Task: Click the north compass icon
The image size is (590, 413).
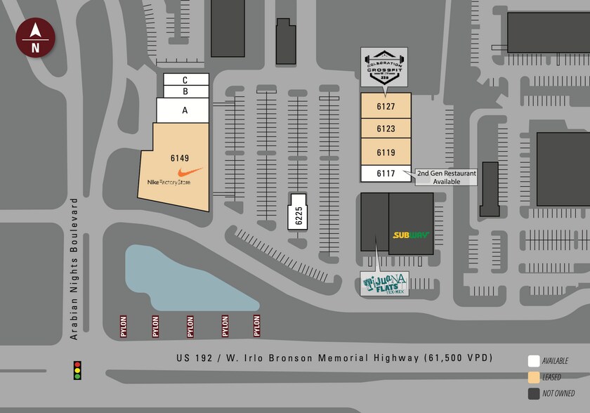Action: pyautogui.click(x=34, y=39)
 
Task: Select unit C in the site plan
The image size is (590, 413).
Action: pyautogui.click(x=185, y=79)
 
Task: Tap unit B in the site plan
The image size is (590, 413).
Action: pyautogui.click(x=185, y=91)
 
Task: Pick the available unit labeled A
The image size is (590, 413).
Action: pyautogui.click(x=185, y=110)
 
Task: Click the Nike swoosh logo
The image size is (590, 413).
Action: pyautogui.click(x=190, y=172)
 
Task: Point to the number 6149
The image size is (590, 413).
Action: pyautogui.click(x=180, y=158)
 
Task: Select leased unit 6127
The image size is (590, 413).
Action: pyautogui.click(x=386, y=107)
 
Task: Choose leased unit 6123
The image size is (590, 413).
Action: pyautogui.click(x=386, y=129)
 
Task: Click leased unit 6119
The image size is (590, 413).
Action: pyautogui.click(x=386, y=152)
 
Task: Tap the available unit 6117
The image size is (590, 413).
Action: pyautogui.click(x=386, y=173)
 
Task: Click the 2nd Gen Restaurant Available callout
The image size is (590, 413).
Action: pyautogui.click(x=446, y=177)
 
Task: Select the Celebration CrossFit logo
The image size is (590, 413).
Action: pyautogui.click(x=384, y=67)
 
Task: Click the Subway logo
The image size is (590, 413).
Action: pyautogui.click(x=411, y=235)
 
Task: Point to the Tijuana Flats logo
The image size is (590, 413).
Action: pyautogui.click(x=384, y=284)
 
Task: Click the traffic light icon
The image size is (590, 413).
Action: pyautogui.click(x=77, y=370)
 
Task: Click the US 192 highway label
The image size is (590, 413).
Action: pyautogui.click(x=334, y=358)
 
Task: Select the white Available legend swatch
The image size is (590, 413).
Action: pyautogui.click(x=534, y=361)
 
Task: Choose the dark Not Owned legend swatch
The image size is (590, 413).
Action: pyautogui.click(x=534, y=393)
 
